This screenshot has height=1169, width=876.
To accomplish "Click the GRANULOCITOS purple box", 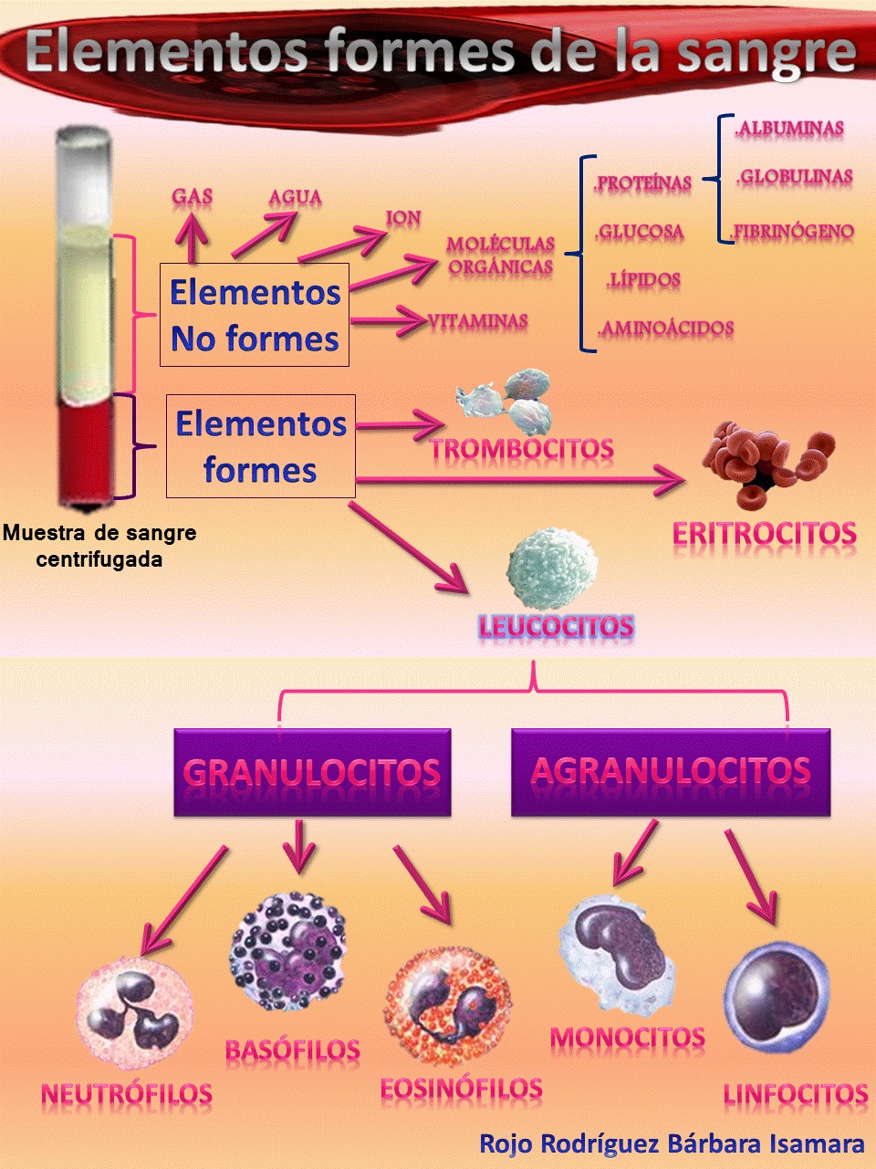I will (312, 772).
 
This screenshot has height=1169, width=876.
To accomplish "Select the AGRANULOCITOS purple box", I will (671, 772).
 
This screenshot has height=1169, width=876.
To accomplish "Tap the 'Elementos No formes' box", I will (255, 316).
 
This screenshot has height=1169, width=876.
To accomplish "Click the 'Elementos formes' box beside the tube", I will (261, 446).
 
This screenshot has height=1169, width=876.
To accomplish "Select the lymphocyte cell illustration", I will (776, 997).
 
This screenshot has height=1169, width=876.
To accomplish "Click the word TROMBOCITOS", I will (522, 449).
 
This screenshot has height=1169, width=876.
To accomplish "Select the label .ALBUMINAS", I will (789, 129).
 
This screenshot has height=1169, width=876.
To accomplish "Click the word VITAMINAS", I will (478, 321).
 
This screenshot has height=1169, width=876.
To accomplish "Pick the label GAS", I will (193, 196).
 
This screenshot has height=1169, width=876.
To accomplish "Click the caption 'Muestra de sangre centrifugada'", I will (99, 546).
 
